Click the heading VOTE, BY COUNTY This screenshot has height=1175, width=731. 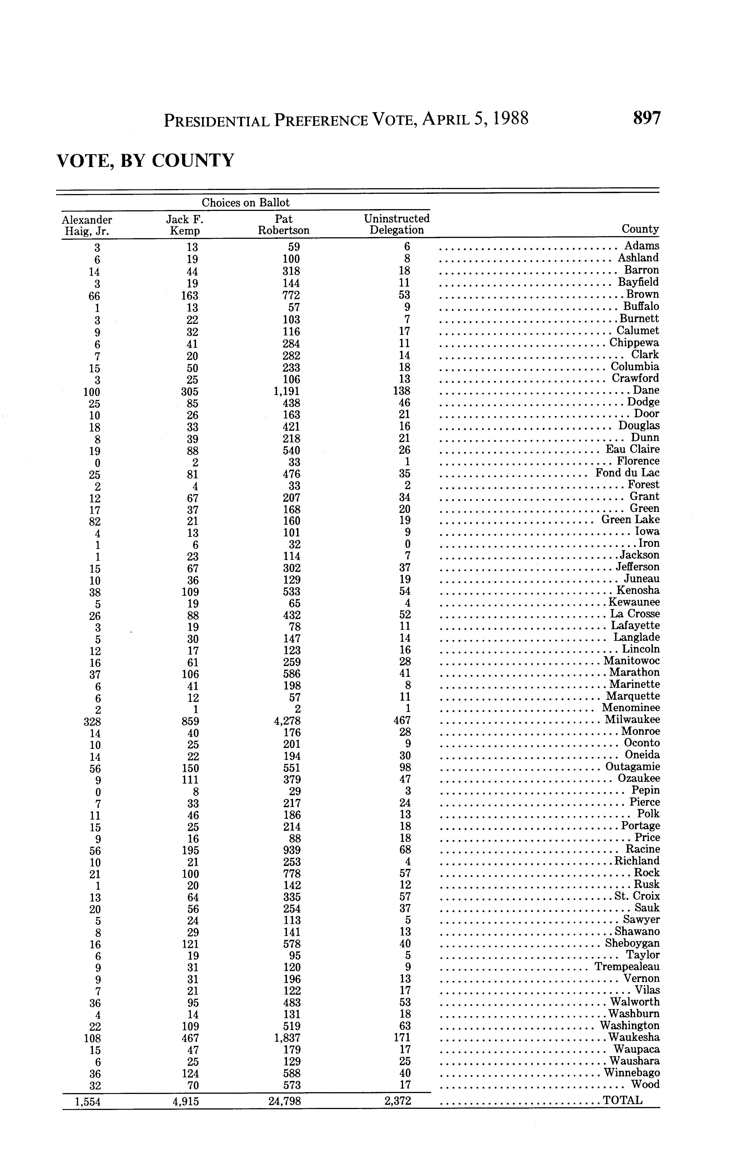(x=146, y=160)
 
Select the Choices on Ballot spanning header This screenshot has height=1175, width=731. (x=246, y=203)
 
